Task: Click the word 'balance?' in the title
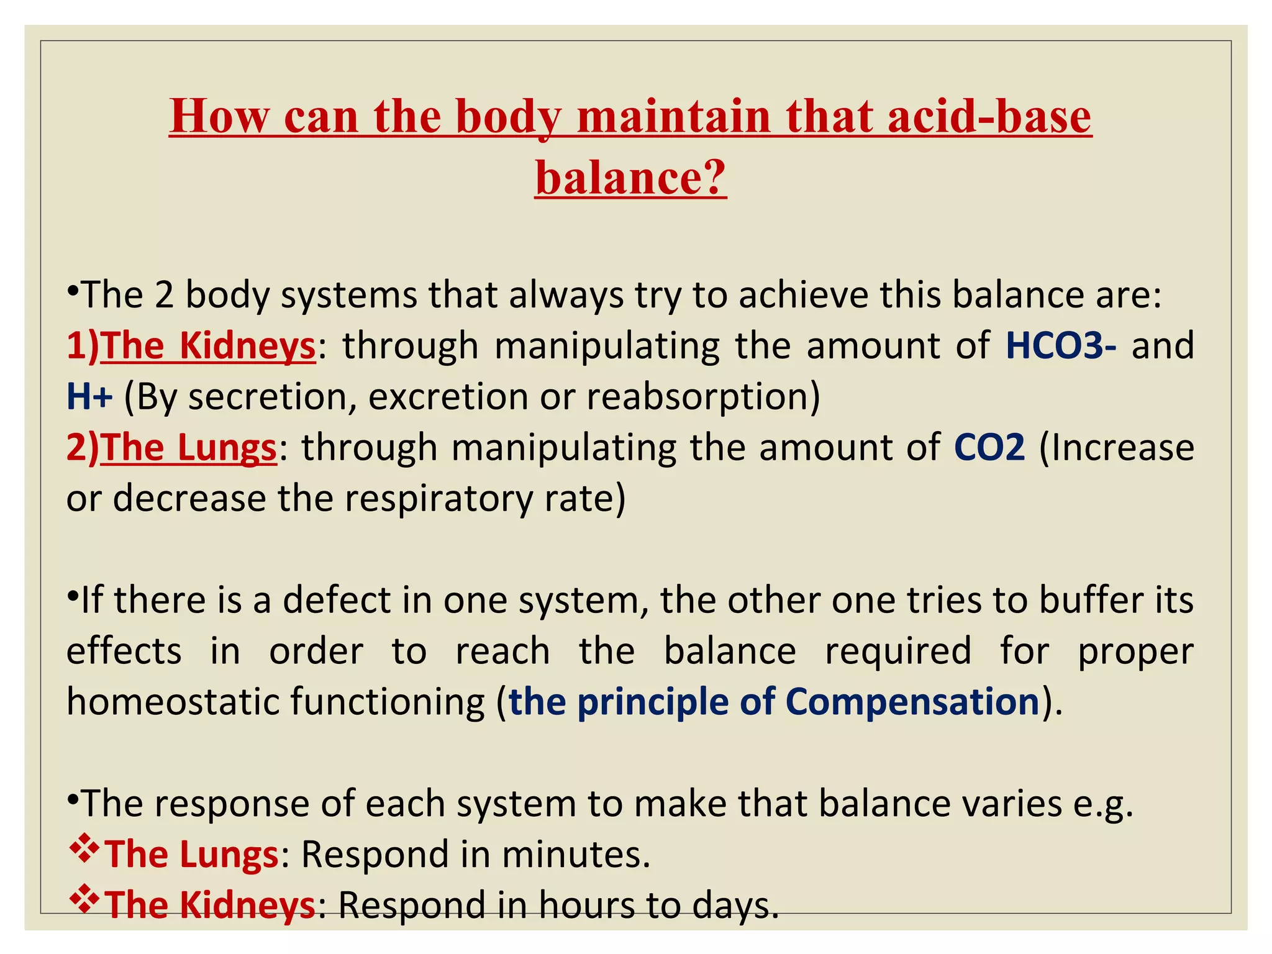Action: (x=630, y=177)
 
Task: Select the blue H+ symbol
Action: (x=89, y=396)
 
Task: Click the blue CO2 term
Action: (x=989, y=447)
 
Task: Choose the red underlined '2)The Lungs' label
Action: (x=171, y=447)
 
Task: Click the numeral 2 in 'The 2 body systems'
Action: (x=164, y=294)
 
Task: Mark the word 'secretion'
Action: (x=268, y=396)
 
